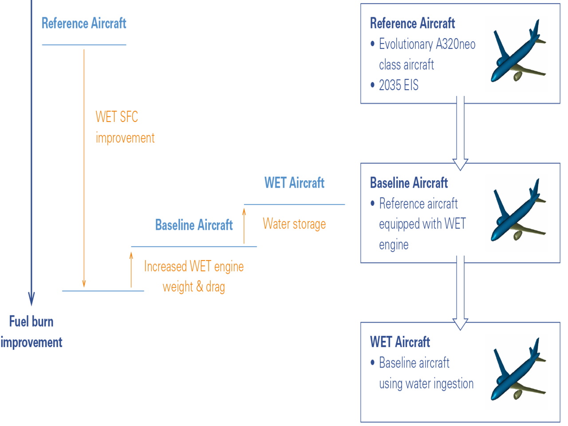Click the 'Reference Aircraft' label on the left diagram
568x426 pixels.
pos(84,23)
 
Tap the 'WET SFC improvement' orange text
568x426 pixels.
pos(125,127)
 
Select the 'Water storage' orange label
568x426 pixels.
pos(294,224)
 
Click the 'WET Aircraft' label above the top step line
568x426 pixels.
pos(294,183)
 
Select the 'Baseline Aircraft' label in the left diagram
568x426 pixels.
pos(194,225)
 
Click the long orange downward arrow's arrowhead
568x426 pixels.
pos(84,284)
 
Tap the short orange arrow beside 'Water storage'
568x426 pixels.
pos(244,225)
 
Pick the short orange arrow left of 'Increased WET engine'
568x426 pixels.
pos(131,269)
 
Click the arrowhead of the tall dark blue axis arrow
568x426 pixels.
pos(31,299)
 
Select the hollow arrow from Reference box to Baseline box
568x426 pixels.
pos(460,133)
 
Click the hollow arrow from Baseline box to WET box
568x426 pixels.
pos(460,292)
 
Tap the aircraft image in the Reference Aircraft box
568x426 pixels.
pos(517,54)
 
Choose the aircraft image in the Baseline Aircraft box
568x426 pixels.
pos(517,213)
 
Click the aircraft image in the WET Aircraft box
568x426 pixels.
pos(517,372)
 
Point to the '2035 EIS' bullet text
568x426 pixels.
pos(398,85)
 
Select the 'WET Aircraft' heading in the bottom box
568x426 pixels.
pos(400,342)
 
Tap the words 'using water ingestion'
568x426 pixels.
pos(426,383)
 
